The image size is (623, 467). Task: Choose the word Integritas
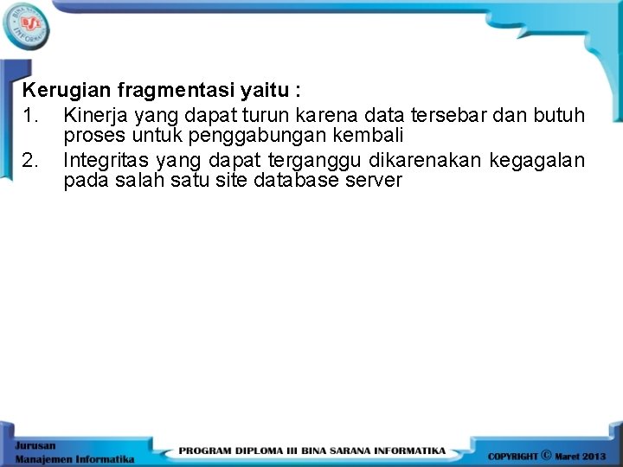[x=106, y=160]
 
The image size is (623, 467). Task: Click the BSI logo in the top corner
[x=26, y=26]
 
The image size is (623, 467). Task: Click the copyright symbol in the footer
[x=545, y=453]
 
